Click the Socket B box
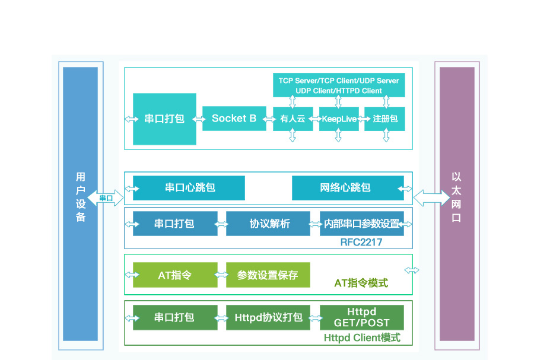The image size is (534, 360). [x=234, y=119]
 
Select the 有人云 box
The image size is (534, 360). [x=293, y=119]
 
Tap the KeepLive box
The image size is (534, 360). [x=338, y=119]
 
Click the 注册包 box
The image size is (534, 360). [x=385, y=119]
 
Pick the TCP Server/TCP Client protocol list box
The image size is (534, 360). [x=339, y=85]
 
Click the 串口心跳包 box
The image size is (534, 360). [x=189, y=188]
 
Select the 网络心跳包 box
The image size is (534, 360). [x=345, y=188]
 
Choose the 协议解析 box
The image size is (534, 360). [x=268, y=224]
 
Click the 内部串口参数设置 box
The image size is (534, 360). [x=361, y=224]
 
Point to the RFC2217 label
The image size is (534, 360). [x=361, y=242]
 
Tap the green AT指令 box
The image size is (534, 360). [x=175, y=275]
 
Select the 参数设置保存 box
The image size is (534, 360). [x=268, y=275]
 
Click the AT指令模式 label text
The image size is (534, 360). [x=361, y=283]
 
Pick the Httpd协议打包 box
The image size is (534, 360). [x=268, y=317]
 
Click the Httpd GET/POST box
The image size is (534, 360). [x=361, y=317]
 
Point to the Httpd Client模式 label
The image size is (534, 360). [x=362, y=338]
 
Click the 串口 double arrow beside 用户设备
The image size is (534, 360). [x=106, y=197]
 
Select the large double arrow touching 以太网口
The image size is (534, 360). [x=431, y=197]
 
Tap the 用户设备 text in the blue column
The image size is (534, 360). [x=81, y=197]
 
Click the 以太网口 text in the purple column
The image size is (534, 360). [x=456, y=197]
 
